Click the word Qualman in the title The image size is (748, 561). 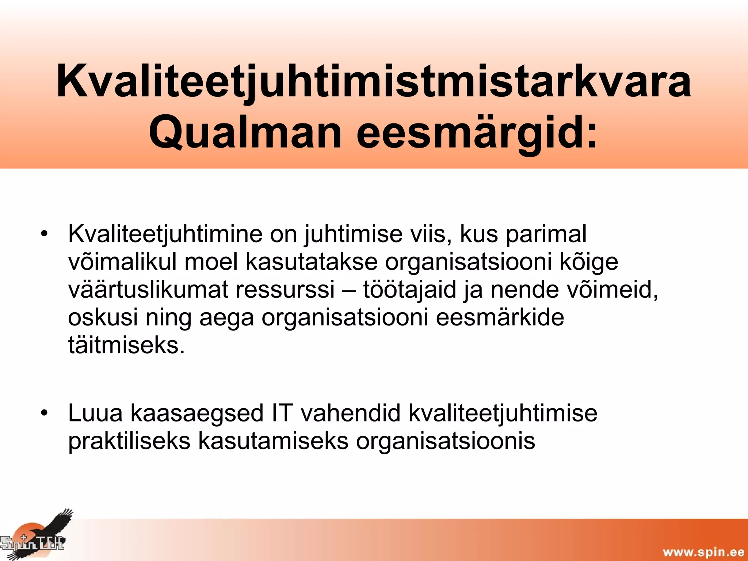point(245,132)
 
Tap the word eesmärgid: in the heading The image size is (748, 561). point(477,132)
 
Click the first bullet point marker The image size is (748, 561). point(44,234)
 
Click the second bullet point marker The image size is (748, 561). point(44,413)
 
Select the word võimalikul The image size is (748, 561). point(122,262)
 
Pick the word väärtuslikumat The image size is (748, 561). point(148,290)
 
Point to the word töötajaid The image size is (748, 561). point(409,290)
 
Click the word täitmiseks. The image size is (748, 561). point(126,345)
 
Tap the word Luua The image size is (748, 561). point(95,413)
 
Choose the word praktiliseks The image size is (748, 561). point(129,441)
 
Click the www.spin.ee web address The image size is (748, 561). point(703,552)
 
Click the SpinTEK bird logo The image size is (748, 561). point(37,535)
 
